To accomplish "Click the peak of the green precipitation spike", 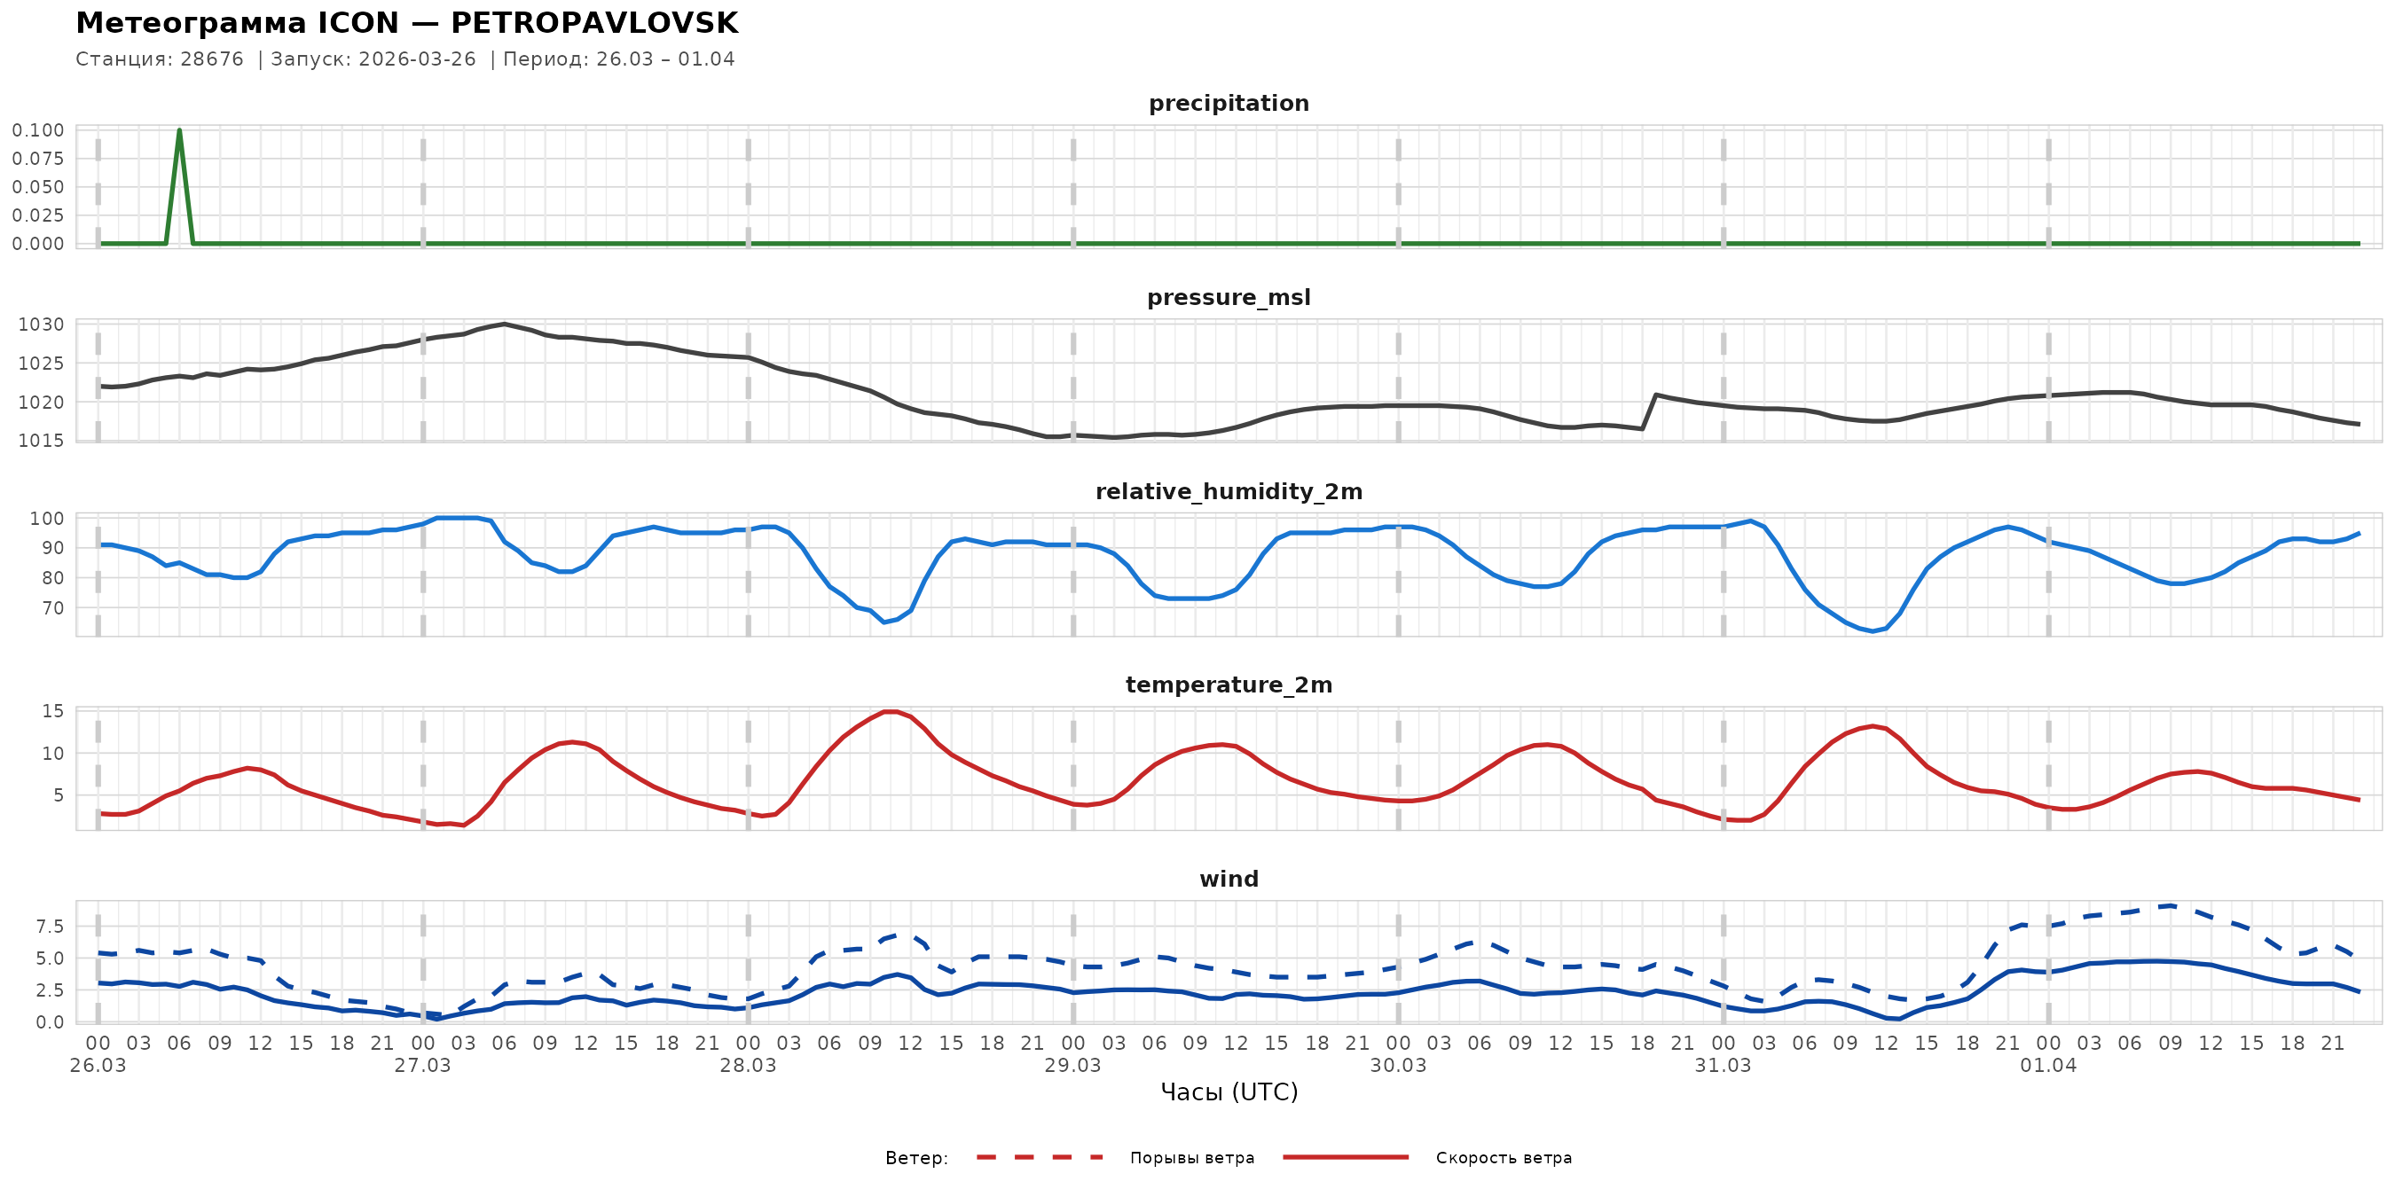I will pyautogui.click(x=179, y=131).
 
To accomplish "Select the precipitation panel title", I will pyautogui.click(x=1229, y=103).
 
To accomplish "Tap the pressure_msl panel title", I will pyautogui.click(x=1229, y=297).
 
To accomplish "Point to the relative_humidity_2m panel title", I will pyautogui.click(x=1229, y=491).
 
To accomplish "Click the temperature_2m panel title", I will pyautogui.click(x=1229, y=685).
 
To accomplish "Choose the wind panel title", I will pyautogui.click(x=1229, y=880).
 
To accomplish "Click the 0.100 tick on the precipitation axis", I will pyautogui.click(x=38, y=130).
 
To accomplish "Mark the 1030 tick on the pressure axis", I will pyautogui.click(x=42, y=325).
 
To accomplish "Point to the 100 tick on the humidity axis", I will pyautogui.click(x=47, y=519).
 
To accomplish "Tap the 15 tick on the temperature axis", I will pyautogui.click(x=53, y=711).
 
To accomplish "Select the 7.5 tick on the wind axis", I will pyautogui.click(x=51, y=926).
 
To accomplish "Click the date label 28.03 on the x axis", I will pyautogui.click(x=748, y=1065).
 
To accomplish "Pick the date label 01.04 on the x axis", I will pyautogui.click(x=2048, y=1065).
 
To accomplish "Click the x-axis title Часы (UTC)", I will pyautogui.click(x=1229, y=1092).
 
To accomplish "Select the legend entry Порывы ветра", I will pyautogui.click(x=1192, y=1158).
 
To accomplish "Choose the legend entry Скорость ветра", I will pyautogui.click(x=1504, y=1158).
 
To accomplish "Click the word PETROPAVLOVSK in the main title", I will pyautogui.click(x=594, y=23).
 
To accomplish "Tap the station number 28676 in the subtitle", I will pyautogui.click(x=212, y=59).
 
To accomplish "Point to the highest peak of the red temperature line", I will pyautogui.click(x=890, y=712).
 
